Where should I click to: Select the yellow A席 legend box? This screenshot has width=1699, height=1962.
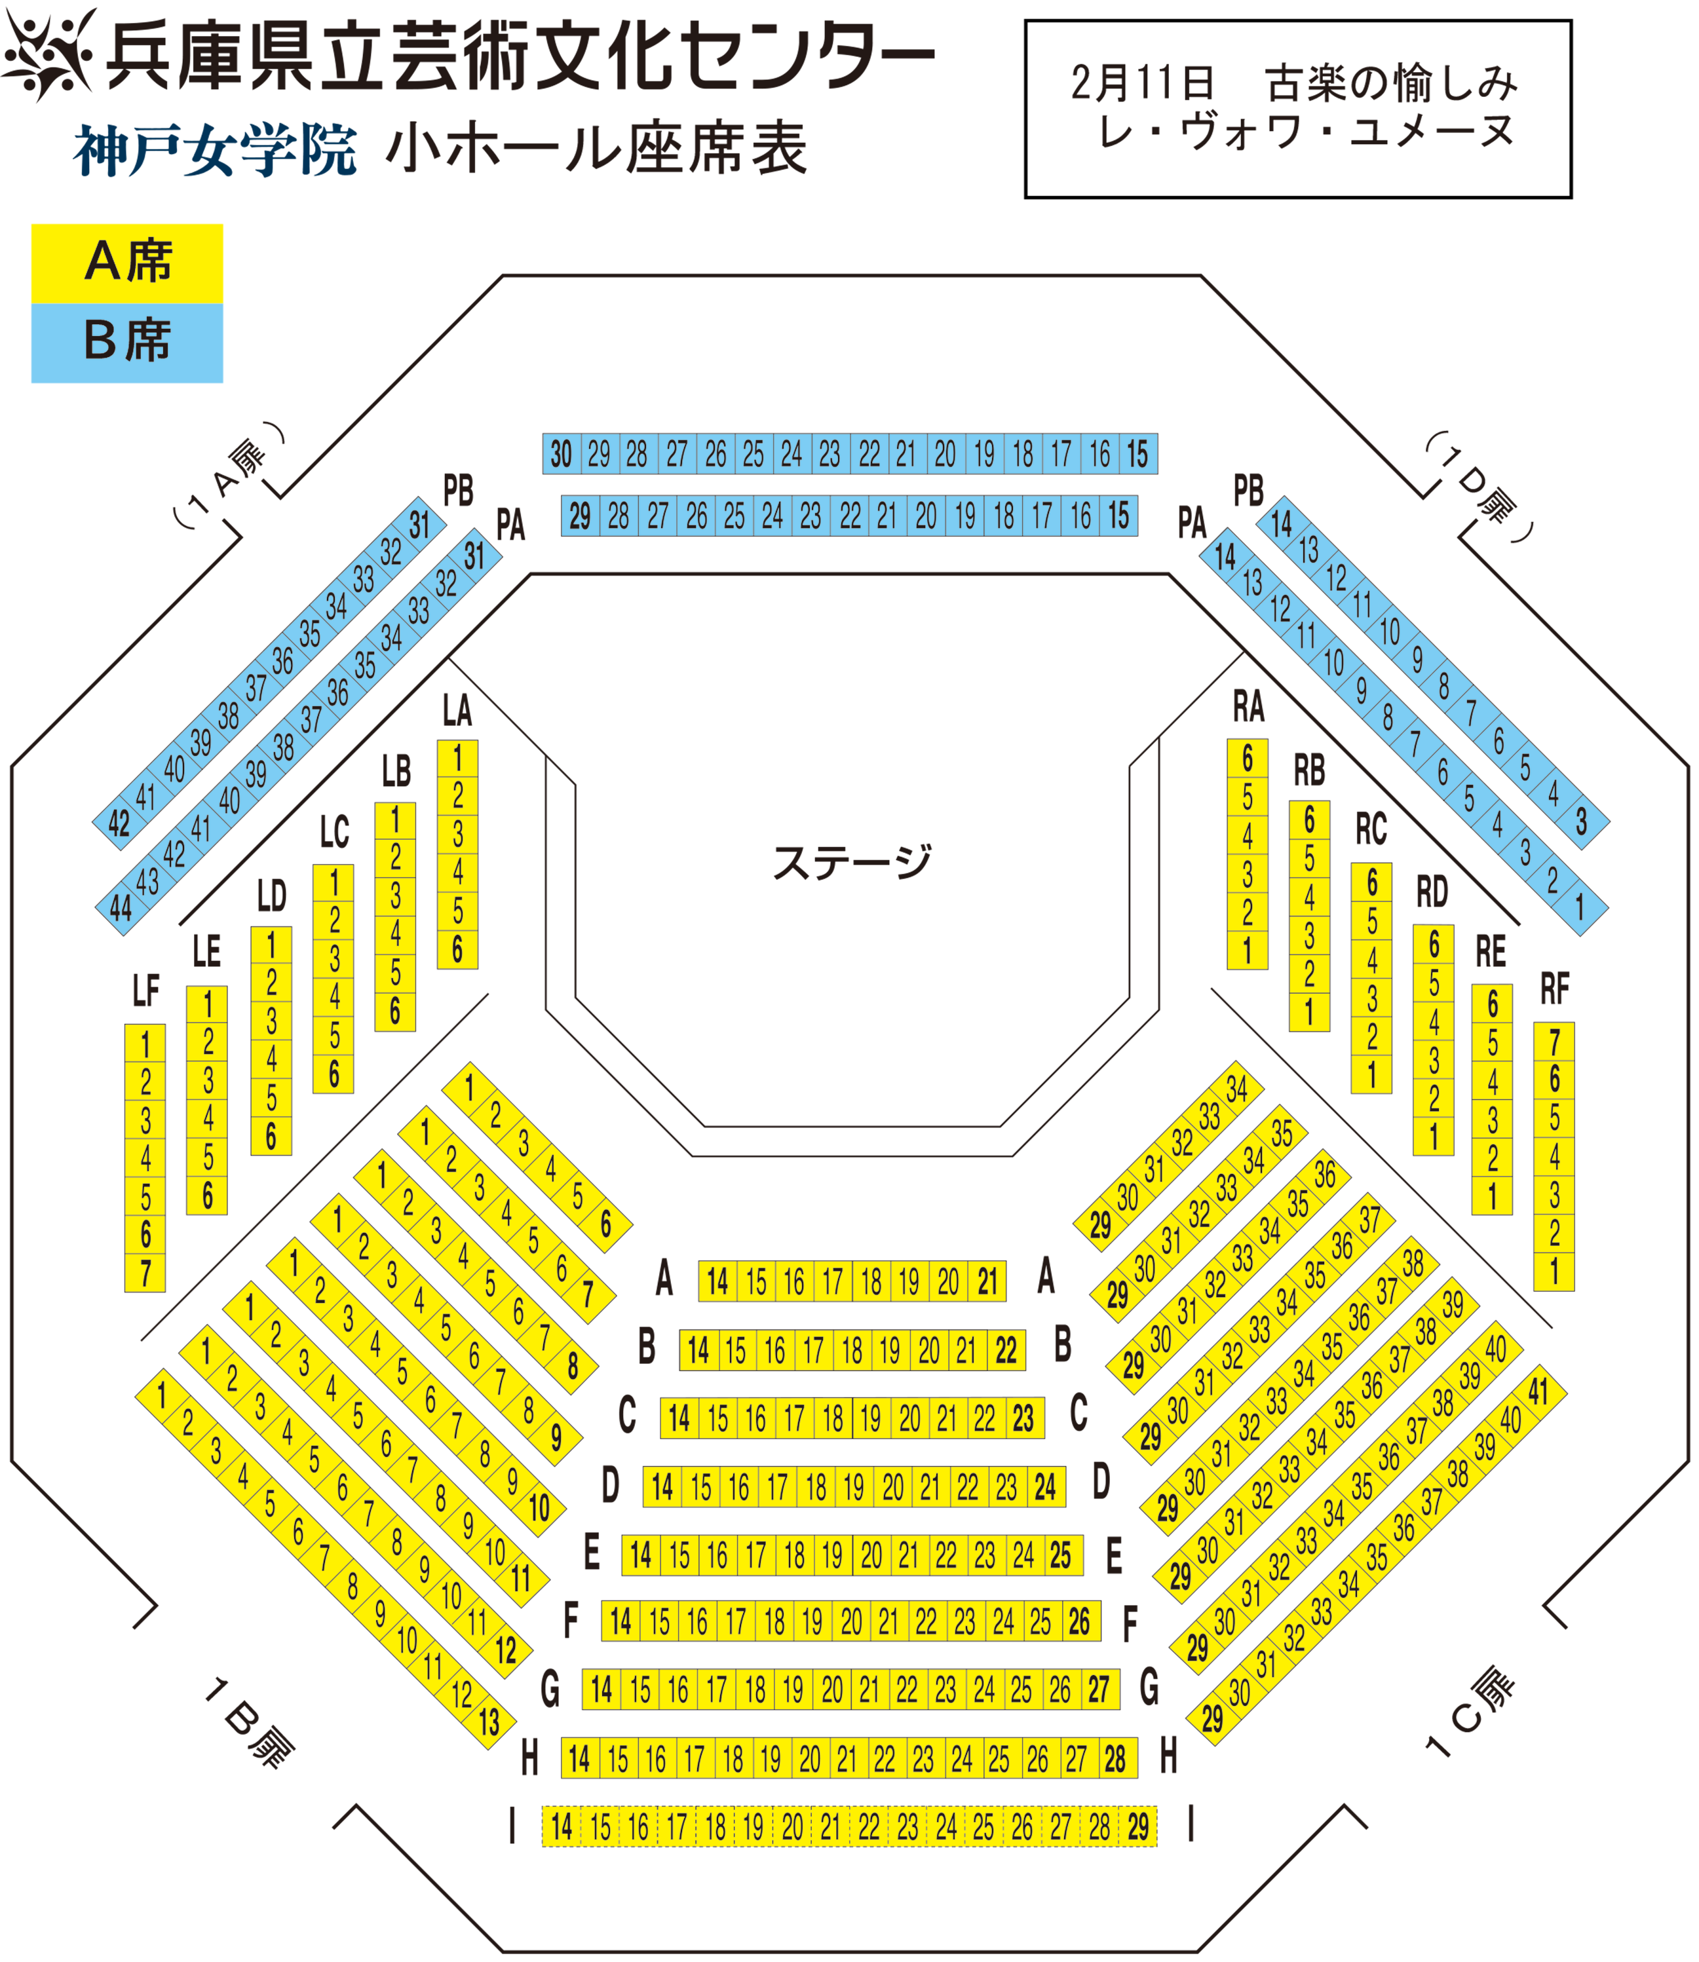[127, 263]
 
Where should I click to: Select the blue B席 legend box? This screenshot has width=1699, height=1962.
[127, 343]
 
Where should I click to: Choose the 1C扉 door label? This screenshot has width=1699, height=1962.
[1470, 1712]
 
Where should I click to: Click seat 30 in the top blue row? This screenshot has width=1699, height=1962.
[562, 454]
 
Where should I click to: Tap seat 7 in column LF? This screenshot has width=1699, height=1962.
[145, 1273]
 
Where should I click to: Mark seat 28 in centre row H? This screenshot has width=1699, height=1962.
[1115, 1759]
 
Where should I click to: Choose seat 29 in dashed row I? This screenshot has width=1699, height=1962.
[1137, 1826]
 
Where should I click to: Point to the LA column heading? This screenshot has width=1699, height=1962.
[457, 710]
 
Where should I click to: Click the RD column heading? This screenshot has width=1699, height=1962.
[1432, 892]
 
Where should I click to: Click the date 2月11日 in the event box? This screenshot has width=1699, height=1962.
[1143, 83]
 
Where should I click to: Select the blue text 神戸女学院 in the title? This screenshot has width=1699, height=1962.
[215, 150]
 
